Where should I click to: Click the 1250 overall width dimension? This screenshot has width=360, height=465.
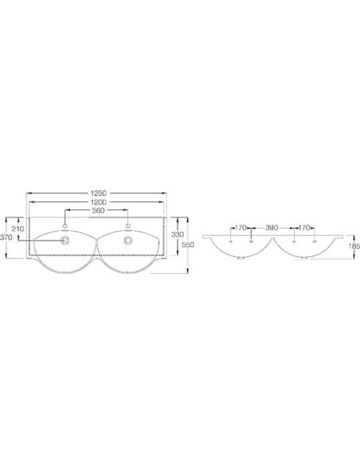[x=98, y=193]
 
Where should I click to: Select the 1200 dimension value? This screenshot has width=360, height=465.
[x=98, y=202]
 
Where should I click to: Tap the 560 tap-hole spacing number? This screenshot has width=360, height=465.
[x=99, y=210]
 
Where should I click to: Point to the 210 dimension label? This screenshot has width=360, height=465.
[x=18, y=229]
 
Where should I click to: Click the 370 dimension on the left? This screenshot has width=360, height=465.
[x=6, y=237]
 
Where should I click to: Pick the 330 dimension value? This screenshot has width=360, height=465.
[x=178, y=234]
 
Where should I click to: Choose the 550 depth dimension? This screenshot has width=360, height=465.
[x=188, y=244]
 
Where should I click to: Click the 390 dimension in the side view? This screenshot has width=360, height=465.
[x=272, y=228]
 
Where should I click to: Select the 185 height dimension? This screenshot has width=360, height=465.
[x=354, y=246]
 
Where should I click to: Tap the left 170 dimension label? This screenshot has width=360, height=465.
[x=241, y=228]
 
